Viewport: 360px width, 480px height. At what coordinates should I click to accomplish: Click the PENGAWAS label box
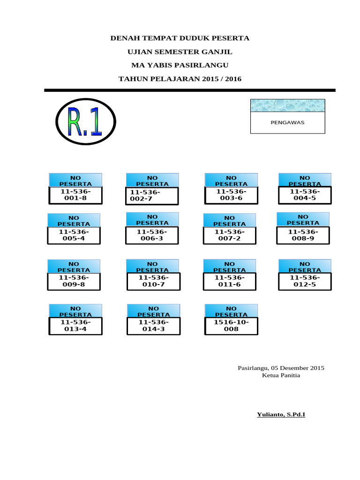[x=287, y=122]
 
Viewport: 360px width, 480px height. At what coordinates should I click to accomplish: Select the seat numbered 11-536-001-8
[x=75, y=195]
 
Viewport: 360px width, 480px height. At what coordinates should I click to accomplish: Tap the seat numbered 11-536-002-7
[x=152, y=196]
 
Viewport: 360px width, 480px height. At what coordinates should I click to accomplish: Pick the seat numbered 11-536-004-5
[x=305, y=195]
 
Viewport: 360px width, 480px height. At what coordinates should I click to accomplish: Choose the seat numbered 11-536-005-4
[x=74, y=235]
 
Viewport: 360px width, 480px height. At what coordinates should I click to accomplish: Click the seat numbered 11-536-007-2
[x=229, y=235]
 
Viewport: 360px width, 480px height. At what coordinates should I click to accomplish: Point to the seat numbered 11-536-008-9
[x=303, y=235]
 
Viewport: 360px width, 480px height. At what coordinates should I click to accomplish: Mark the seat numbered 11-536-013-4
[x=75, y=326]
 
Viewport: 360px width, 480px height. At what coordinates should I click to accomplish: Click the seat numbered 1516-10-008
[x=231, y=326]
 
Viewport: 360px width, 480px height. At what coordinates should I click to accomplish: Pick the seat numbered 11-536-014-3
[x=153, y=326]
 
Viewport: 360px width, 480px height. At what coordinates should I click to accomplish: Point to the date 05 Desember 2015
[x=300, y=368]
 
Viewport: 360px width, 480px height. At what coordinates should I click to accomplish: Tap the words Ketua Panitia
[x=281, y=375]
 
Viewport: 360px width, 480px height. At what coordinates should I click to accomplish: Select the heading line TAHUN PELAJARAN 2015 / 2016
[x=180, y=79]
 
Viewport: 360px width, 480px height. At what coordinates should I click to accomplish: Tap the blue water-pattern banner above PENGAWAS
[x=287, y=105]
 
